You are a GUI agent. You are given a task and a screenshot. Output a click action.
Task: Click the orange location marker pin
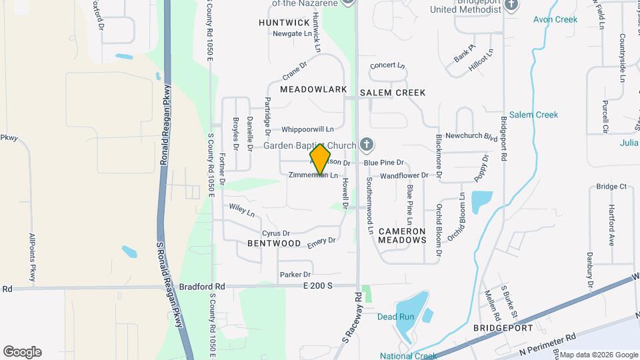tap(321, 159)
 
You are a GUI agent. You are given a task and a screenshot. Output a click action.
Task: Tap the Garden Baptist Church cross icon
tap(365, 144)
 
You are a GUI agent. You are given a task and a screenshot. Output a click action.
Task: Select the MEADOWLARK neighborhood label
tap(313, 89)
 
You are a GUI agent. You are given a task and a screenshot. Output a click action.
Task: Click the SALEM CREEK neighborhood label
tap(393, 93)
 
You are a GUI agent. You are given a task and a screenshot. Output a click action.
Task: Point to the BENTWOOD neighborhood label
tap(274, 244)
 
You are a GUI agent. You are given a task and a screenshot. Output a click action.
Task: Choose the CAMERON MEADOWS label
tap(402, 235)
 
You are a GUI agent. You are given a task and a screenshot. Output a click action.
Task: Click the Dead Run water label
tap(396, 317)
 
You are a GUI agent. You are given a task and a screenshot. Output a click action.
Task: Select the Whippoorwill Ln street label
tap(307, 129)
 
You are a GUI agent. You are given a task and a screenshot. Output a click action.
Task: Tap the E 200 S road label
tap(316, 286)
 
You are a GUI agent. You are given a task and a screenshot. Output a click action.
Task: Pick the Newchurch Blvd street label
tap(472, 136)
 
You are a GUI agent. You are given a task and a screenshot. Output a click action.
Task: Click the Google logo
tap(22, 351)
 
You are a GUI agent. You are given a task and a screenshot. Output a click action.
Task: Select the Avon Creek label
tap(555, 19)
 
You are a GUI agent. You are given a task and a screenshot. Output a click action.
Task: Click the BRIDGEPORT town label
tap(503, 328)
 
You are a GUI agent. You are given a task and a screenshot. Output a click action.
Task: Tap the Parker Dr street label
tap(295, 275)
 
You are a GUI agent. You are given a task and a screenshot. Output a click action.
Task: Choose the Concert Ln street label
tap(387, 65)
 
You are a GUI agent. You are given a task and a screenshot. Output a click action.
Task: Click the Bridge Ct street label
tap(611, 187)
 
